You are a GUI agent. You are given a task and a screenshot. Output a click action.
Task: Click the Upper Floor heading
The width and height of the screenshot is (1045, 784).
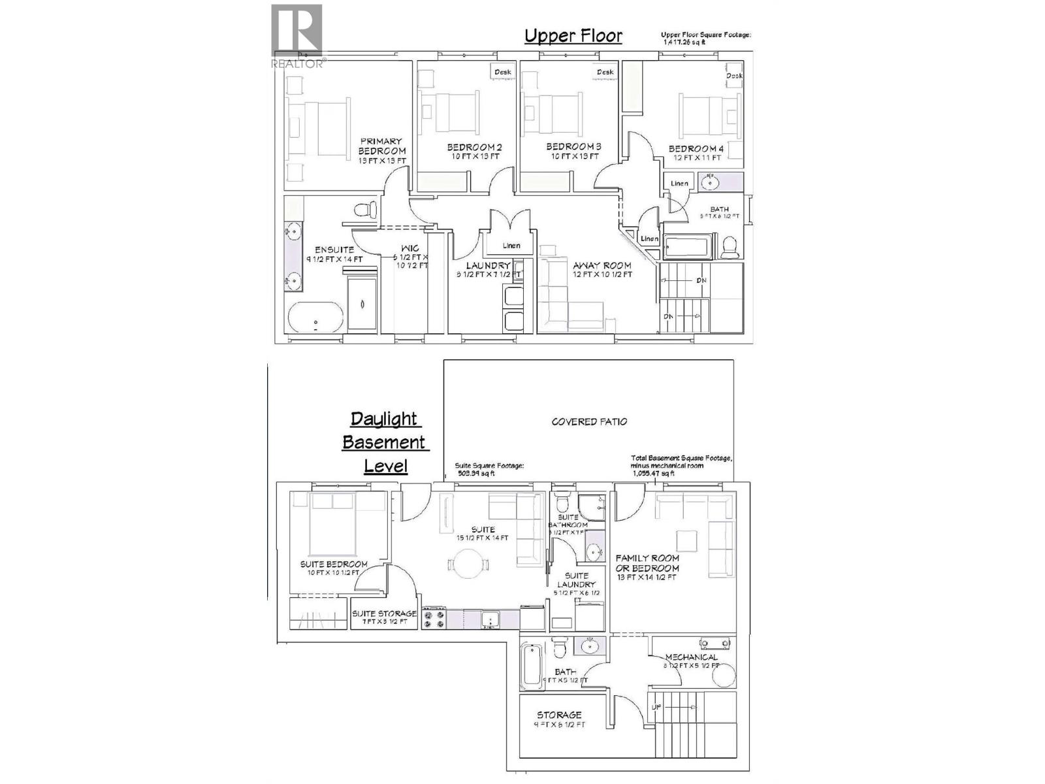[x=573, y=36]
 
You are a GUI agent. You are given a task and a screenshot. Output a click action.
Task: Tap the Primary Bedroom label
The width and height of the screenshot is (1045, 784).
[x=381, y=146]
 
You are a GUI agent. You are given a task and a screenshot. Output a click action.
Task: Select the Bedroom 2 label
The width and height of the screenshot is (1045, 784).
[x=474, y=148]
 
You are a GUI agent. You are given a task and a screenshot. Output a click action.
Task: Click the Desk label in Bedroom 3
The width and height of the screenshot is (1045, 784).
[x=605, y=72]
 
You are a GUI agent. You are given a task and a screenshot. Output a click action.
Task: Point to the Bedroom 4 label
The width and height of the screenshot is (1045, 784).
[x=696, y=149]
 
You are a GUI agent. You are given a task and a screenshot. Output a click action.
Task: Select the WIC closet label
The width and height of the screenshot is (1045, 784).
[x=410, y=249]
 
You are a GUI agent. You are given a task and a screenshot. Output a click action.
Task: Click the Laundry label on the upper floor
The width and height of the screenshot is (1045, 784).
[x=488, y=266]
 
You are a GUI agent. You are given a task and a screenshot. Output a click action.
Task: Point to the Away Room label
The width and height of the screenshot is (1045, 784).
[x=602, y=266]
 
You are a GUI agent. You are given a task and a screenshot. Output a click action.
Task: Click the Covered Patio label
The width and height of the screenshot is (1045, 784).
[x=589, y=422]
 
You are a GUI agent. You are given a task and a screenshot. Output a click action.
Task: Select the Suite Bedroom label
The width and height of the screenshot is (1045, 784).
[x=333, y=564]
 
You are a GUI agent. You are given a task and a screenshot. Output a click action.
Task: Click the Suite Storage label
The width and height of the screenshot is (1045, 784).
[x=384, y=614]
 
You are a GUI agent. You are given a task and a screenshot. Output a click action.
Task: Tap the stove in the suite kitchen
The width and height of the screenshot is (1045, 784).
[x=434, y=618]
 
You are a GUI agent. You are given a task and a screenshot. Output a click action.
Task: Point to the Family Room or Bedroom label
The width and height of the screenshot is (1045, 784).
[x=647, y=563]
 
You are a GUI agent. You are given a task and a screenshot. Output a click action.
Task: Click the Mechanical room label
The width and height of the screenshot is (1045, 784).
[x=691, y=657]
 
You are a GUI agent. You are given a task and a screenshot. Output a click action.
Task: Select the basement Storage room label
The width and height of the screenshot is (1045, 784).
[x=559, y=715]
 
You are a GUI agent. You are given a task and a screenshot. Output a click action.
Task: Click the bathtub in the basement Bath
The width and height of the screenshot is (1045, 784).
[x=530, y=666]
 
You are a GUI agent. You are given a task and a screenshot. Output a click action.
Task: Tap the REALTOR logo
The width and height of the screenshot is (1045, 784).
[x=297, y=36]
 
